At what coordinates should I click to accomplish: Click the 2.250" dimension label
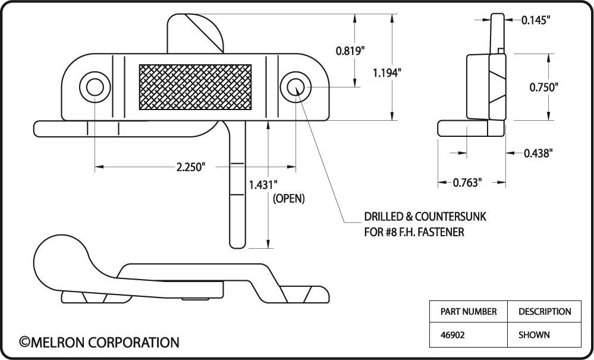[191, 167]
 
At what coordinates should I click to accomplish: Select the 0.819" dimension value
[350, 51]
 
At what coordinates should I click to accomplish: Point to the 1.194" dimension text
[386, 73]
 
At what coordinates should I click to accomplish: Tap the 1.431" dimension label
[263, 184]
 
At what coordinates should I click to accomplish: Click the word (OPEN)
[288, 199]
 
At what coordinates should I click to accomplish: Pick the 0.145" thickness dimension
[536, 20]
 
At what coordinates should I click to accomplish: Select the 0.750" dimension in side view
[544, 87]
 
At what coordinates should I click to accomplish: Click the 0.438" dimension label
[538, 153]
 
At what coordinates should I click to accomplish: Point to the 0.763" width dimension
[467, 183]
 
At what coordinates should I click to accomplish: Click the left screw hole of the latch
[95, 87]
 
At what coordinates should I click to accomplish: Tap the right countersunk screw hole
[296, 87]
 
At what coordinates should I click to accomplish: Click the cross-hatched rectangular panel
[195, 87]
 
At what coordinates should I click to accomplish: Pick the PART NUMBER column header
[469, 311]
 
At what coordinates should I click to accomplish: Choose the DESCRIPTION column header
[545, 311]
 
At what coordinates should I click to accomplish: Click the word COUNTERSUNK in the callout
[451, 217]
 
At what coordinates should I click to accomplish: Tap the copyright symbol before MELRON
[24, 342]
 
